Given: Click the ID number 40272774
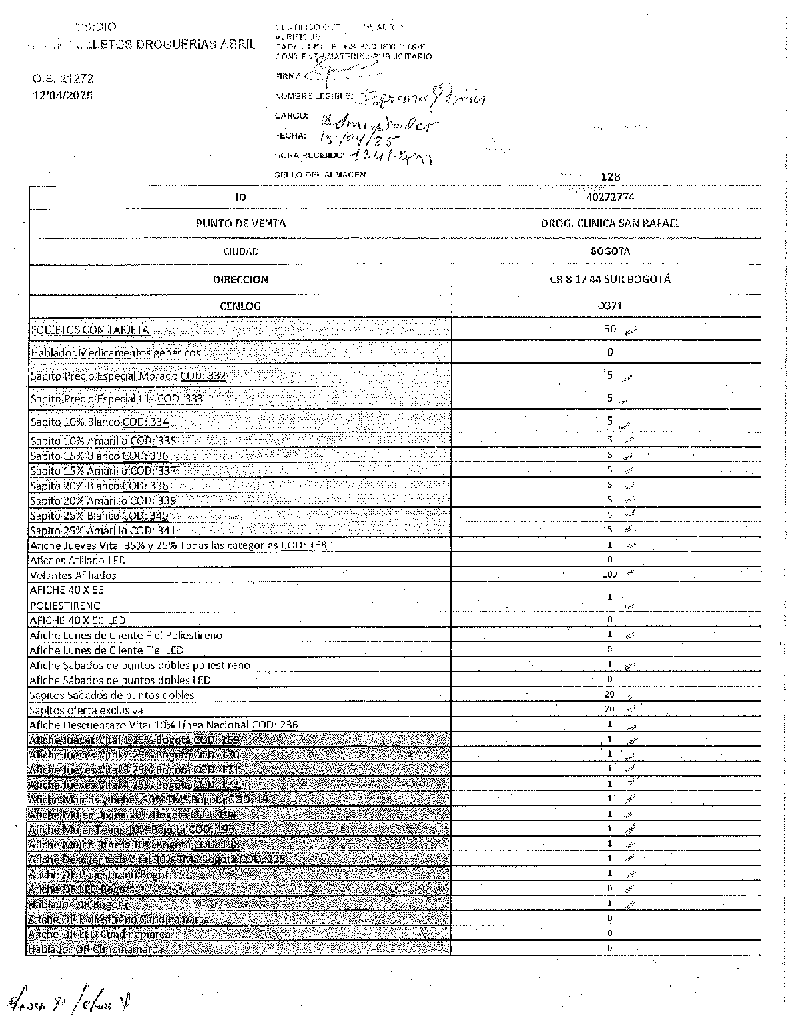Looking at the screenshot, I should tap(610, 197).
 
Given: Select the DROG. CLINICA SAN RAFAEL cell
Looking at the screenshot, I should tap(610, 223).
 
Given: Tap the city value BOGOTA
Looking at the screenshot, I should tap(610, 251).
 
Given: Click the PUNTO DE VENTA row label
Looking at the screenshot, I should tap(241, 223).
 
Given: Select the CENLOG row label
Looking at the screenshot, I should tap(241, 306).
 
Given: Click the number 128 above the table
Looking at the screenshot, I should tap(610, 177).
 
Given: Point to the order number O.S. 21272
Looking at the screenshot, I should tap(63, 79).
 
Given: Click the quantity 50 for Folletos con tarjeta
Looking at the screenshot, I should tap(610, 329).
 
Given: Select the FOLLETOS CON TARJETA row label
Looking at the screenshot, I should tap(90, 330).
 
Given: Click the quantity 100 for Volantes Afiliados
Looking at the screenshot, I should tap(609, 574).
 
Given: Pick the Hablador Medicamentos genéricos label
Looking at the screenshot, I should tap(116, 353).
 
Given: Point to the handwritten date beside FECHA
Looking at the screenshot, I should tap(358, 138).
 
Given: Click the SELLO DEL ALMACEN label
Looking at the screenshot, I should tap(320, 175).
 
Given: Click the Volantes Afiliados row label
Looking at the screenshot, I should tap(73, 575).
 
